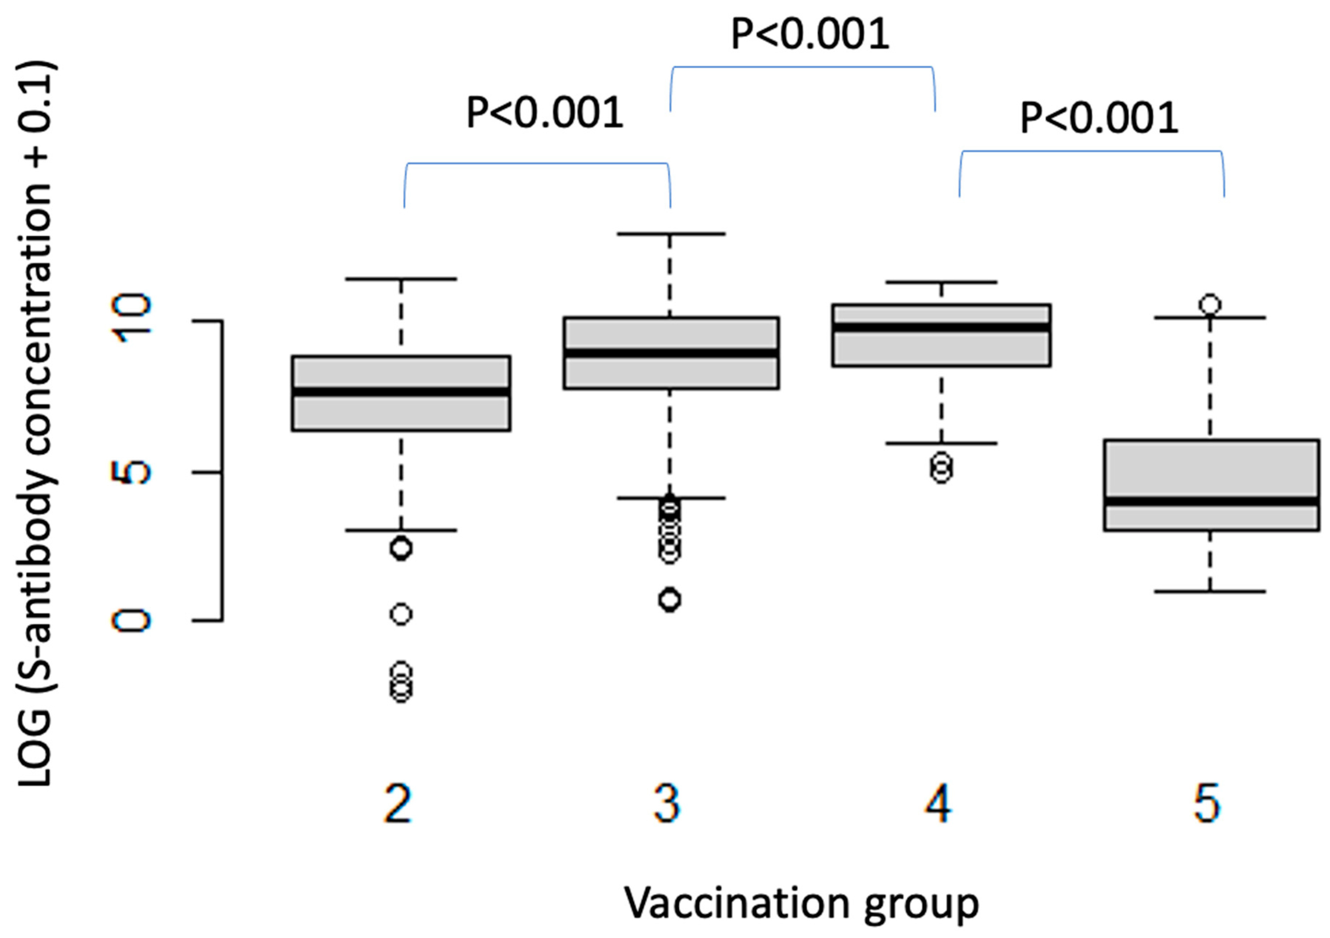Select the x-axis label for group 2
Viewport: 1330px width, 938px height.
click(398, 804)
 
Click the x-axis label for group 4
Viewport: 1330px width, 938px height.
click(938, 804)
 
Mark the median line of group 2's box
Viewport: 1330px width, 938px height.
click(401, 392)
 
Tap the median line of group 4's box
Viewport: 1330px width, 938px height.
click(941, 327)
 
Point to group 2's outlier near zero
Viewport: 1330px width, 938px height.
click(401, 614)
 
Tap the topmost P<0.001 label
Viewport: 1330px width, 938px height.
click(810, 35)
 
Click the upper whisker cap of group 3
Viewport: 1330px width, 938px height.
click(671, 234)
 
